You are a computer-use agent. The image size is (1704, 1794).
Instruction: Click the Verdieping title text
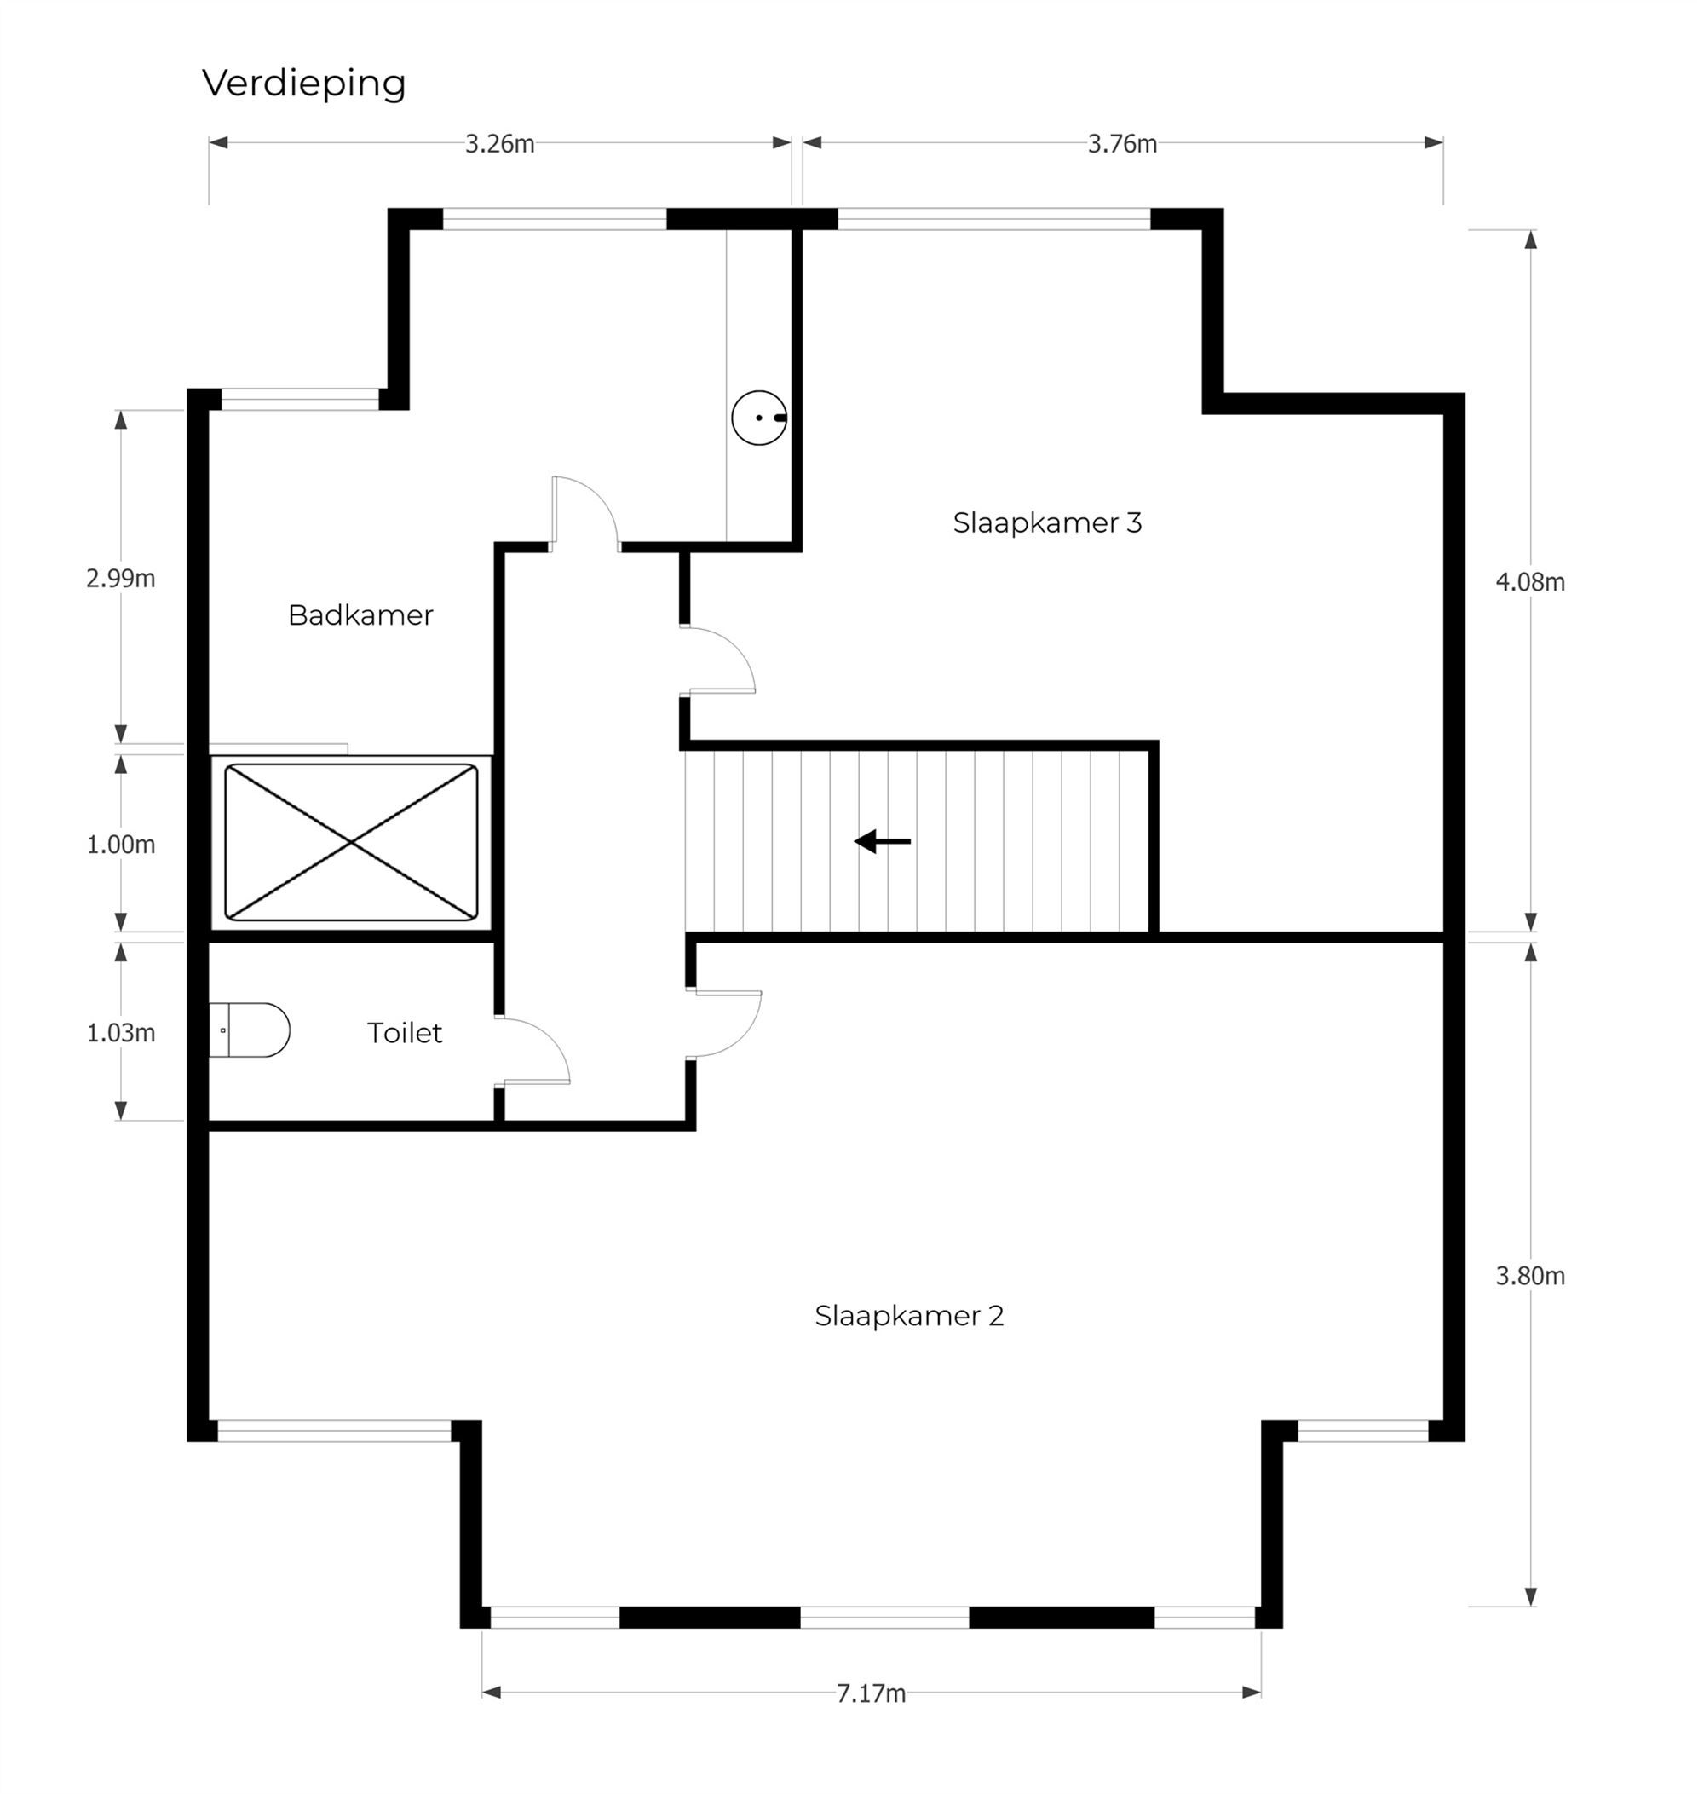point(303,84)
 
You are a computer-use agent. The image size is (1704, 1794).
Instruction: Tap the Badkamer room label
point(360,615)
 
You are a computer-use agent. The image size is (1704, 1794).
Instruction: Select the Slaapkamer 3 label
point(1047,522)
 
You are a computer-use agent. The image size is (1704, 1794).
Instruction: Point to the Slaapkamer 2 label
point(909,1315)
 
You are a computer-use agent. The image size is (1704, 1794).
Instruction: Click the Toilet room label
point(404,1033)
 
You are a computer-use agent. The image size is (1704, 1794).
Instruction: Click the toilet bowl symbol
point(249,1030)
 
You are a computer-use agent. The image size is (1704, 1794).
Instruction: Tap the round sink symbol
point(759,418)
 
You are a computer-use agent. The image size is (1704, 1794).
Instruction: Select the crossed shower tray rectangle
point(351,842)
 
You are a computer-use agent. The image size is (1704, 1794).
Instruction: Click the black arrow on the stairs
point(882,841)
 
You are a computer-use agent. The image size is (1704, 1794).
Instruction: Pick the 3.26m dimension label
point(499,144)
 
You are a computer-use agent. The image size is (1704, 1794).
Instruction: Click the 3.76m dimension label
point(1123,144)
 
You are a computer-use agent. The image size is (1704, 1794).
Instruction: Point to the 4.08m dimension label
point(1530,582)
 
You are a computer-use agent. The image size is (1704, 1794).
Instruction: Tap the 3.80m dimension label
point(1530,1276)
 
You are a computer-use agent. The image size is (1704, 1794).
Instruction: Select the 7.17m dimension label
point(871,1694)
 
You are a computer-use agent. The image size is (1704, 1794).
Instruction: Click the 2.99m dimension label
point(121,579)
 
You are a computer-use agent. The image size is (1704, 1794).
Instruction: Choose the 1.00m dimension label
point(121,845)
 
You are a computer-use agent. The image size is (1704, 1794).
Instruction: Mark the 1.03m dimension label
point(121,1033)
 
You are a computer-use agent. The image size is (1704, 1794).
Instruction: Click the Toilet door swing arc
point(550,1035)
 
